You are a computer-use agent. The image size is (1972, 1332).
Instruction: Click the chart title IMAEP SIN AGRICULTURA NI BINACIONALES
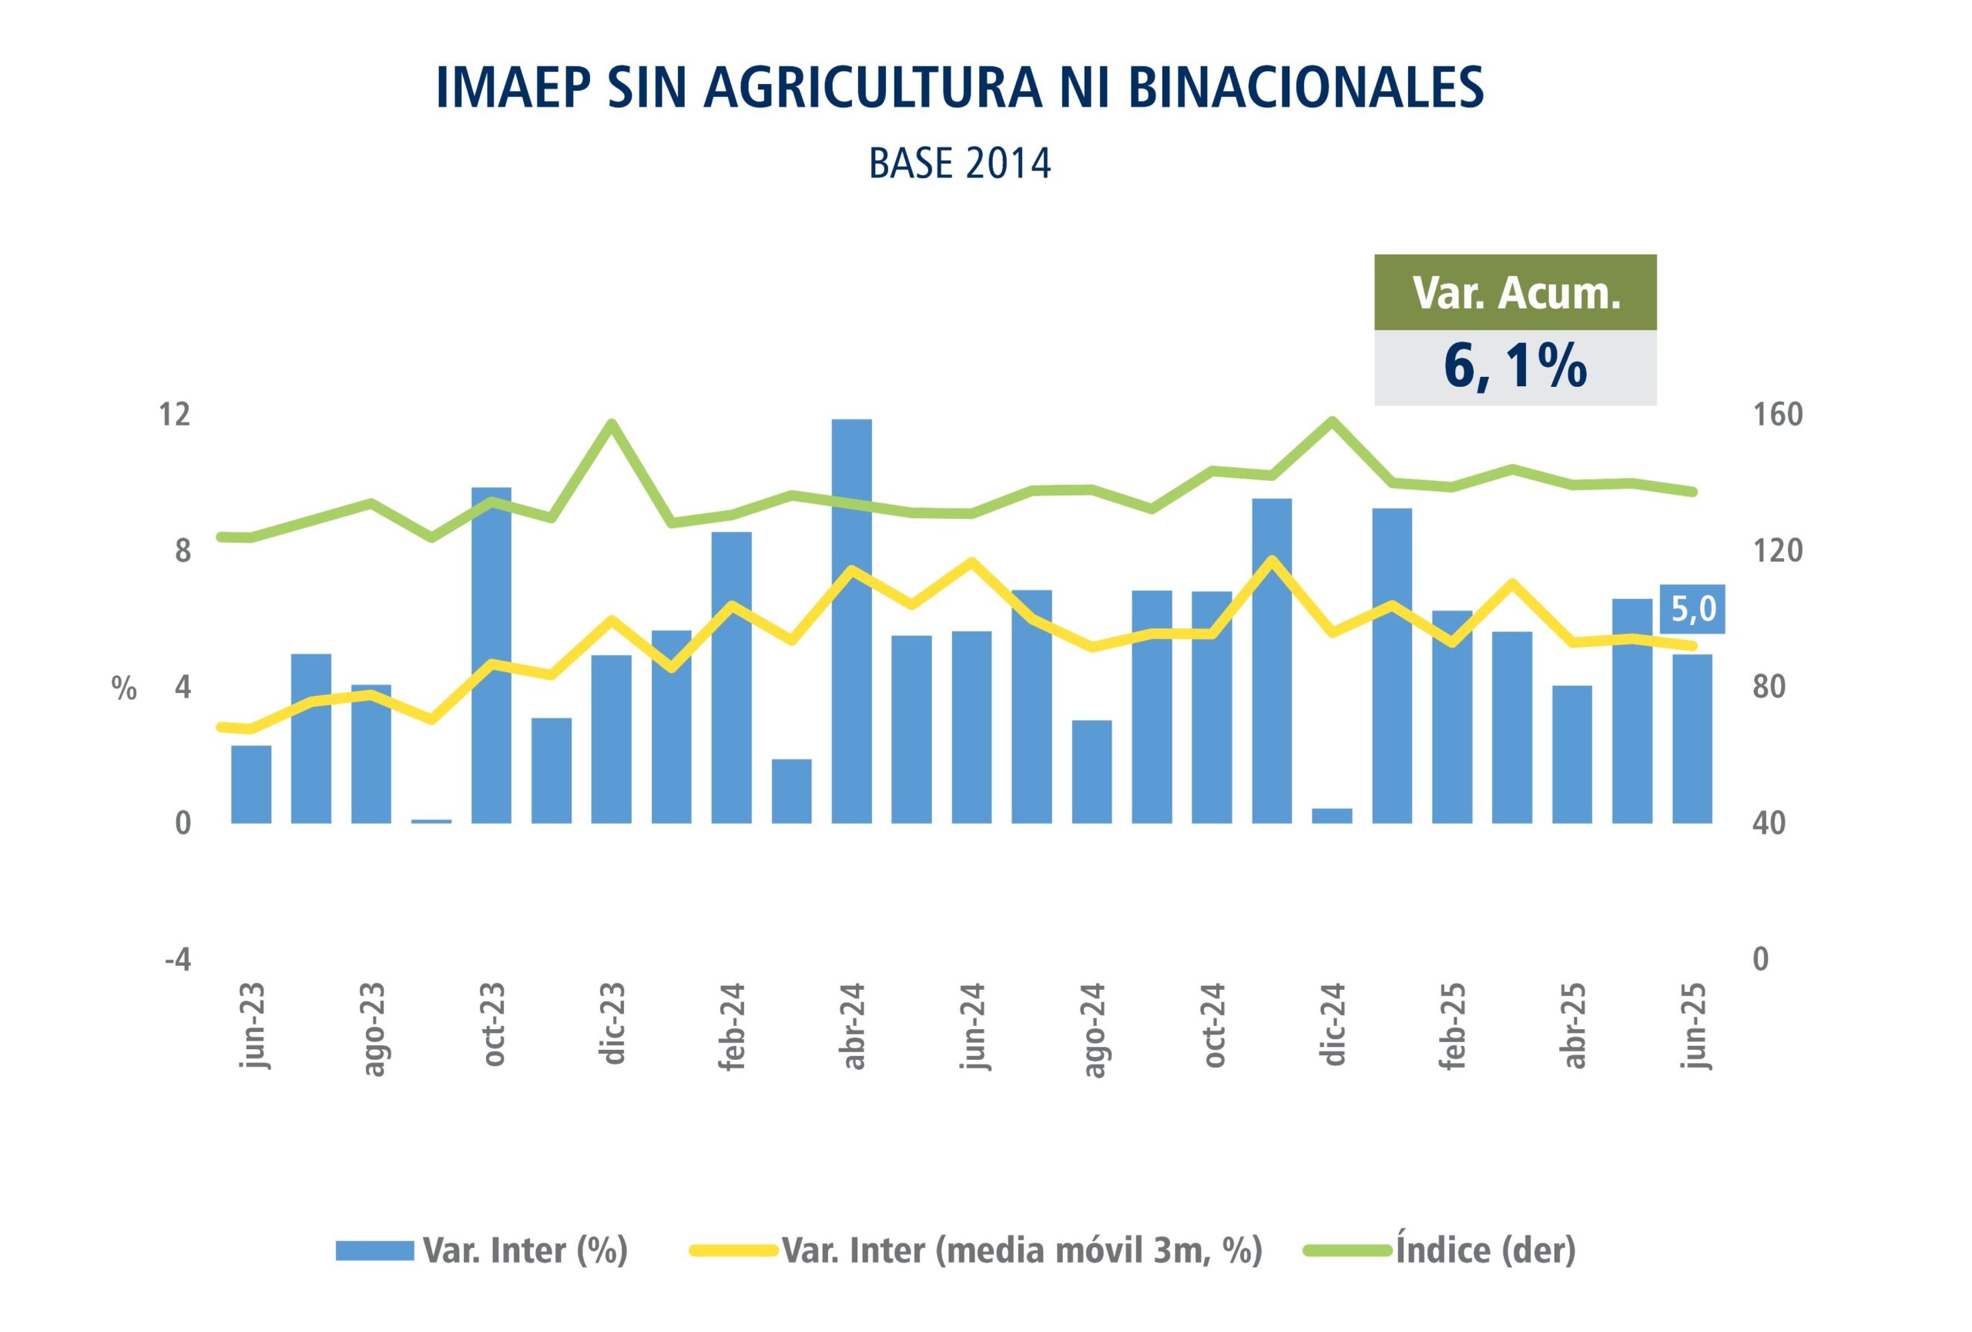959,86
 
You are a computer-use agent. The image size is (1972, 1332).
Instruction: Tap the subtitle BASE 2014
960,164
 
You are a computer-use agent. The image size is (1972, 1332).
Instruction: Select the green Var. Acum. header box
1514,292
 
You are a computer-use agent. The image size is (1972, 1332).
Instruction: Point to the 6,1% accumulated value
1514,367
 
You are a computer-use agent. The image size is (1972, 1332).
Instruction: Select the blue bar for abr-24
851,620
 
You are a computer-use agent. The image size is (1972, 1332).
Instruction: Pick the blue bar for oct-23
491,654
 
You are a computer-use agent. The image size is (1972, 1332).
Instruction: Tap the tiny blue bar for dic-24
1331,815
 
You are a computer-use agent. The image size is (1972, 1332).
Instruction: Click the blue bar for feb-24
732,677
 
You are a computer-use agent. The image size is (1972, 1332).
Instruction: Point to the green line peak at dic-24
1331,420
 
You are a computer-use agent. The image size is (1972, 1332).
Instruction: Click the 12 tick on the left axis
175,415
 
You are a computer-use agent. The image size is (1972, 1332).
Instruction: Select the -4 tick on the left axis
177,960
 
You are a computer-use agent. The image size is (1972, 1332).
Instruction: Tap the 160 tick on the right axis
1777,415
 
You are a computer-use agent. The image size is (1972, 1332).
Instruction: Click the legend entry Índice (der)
1485,1250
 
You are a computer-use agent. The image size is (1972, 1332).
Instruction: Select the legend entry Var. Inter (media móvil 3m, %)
1021,1250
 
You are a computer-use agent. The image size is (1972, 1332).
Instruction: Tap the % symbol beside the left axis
124,689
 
